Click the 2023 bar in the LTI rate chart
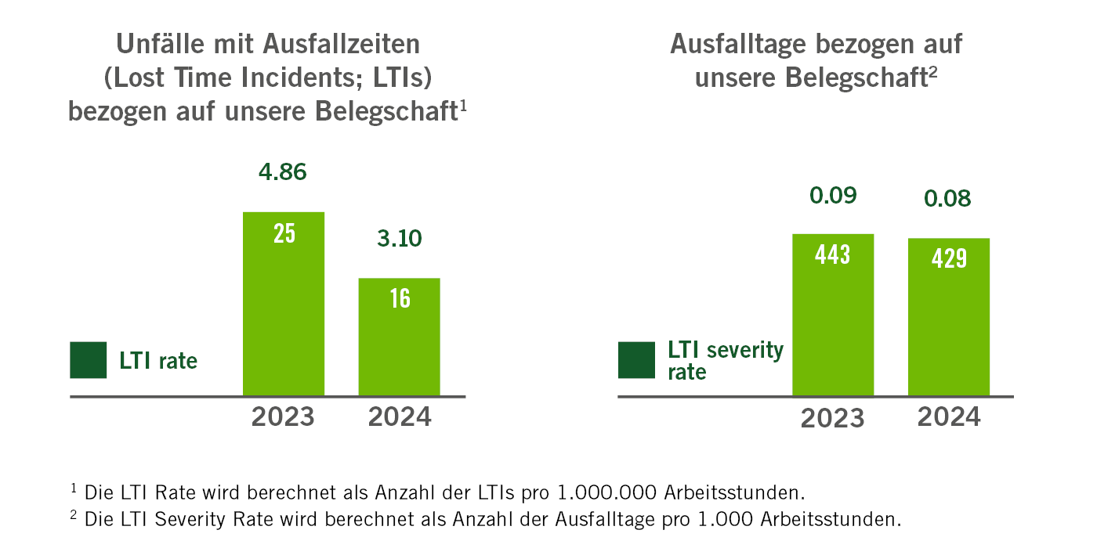coord(284,313)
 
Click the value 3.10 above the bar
coord(399,238)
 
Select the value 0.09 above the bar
coord(832,195)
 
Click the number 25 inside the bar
coord(284,233)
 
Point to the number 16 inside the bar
coord(400,298)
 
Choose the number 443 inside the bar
coord(833,254)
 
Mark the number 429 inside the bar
coord(949,259)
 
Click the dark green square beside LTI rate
coord(88,360)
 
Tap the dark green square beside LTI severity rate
coord(637,360)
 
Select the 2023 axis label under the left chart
coord(283,416)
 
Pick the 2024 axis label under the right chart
coord(949,416)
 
